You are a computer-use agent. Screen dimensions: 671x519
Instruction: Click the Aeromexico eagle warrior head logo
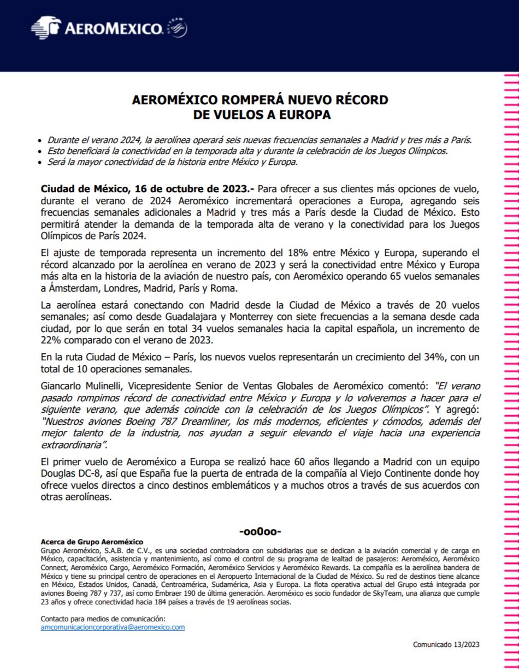click(x=46, y=27)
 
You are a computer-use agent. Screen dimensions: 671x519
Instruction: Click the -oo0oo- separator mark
click(x=260, y=531)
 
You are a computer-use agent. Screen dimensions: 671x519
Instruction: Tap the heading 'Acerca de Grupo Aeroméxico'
click(x=92, y=542)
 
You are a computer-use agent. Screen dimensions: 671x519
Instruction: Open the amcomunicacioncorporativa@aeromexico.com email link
click(x=113, y=627)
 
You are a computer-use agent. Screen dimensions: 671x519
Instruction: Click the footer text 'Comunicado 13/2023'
click(x=446, y=645)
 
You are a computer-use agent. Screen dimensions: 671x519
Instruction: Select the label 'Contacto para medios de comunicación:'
click(x=103, y=619)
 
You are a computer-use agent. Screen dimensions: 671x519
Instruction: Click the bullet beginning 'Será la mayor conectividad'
click(x=172, y=162)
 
